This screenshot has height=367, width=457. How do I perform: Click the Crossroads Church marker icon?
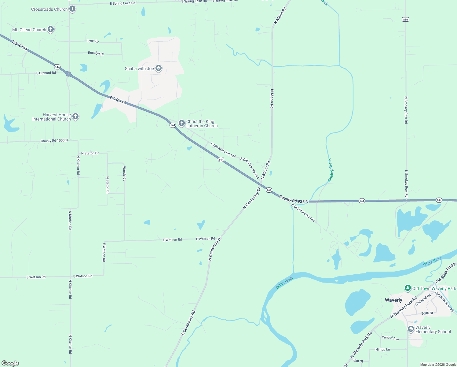pyautogui.click(x=72, y=9)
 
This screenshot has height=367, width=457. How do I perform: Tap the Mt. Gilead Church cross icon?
pyautogui.click(x=51, y=29)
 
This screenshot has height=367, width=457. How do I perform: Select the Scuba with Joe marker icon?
pyautogui.click(x=159, y=68)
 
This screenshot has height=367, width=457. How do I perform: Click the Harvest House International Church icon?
pyautogui.click(x=75, y=117)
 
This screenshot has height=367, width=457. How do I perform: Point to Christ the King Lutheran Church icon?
pyautogui.click(x=182, y=123)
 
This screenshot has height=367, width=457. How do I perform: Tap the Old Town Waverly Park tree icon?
pyautogui.click(x=408, y=288)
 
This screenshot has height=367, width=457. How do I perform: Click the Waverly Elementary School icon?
pyautogui.click(x=411, y=329)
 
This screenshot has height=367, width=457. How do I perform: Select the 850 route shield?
pyautogui.click(x=405, y=20)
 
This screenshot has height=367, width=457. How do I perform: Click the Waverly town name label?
pyautogui.click(x=393, y=300)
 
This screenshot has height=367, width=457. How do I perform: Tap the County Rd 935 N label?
pyautogui.click(x=294, y=199)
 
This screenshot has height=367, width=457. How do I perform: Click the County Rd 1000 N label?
pyautogui.click(x=54, y=141)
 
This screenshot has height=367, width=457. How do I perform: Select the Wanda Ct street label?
pyautogui.click(x=124, y=173)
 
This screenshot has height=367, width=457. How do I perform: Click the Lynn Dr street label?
pyautogui.click(x=93, y=41)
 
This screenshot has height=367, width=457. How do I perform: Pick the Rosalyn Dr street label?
pyautogui.click(x=96, y=53)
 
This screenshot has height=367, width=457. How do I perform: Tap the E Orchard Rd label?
pyautogui.click(x=46, y=73)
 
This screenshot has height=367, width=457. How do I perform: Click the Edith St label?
pyautogui.click(x=427, y=313)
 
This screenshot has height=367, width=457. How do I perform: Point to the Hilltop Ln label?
pyautogui.click(x=382, y=349)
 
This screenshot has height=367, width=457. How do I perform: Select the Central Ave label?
pyautogui.click(x=390, y=338)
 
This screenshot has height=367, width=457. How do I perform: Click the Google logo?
pyautogui.click(x=10, y=363)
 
